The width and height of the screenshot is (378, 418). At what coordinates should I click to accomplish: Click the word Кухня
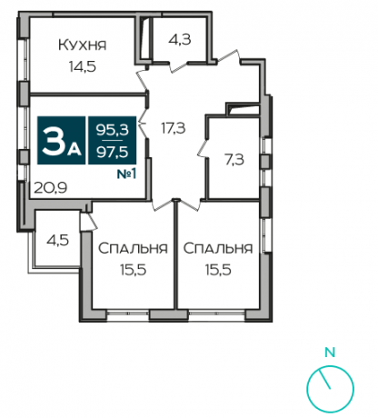click(x=82, y=44)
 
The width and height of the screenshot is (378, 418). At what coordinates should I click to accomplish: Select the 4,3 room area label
click(x=179, y=40)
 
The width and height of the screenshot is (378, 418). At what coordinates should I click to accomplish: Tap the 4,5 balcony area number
click(x=57, y=242)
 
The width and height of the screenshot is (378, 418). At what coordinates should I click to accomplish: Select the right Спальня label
click(x=218, y=247)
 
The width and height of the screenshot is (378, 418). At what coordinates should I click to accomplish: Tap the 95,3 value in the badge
click(x=112, y=133)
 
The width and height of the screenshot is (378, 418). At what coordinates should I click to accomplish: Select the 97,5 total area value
click(x=112, y=152)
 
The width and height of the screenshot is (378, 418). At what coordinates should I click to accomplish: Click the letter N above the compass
click(x=330, y=351)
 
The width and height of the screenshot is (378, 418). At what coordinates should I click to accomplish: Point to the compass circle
click(x=330, y=388)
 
